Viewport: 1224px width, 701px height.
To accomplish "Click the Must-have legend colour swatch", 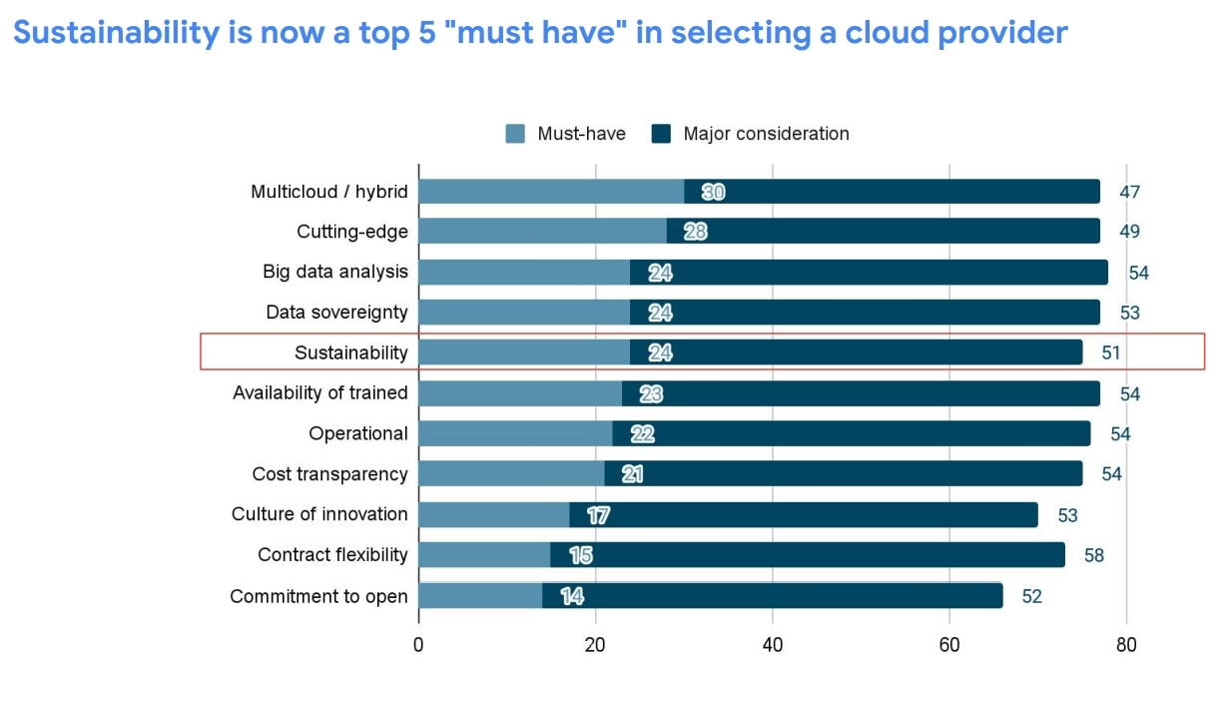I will [515, 134].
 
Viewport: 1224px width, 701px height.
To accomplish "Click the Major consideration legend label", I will [766, 134].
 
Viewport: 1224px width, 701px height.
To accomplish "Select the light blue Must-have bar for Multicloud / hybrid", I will [551, 192].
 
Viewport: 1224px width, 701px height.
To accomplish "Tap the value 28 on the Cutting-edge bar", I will [696, 232].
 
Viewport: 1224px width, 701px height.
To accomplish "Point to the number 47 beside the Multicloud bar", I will [1129, 192].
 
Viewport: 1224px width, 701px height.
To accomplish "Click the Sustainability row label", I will [350, 352].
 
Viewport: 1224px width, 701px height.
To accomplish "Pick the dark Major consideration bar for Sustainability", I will [856, 352].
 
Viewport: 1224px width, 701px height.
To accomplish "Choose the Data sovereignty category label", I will [336, 313].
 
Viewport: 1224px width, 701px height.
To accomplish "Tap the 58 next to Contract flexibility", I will [1094, 554].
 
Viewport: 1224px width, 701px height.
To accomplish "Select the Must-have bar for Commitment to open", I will [480, 596].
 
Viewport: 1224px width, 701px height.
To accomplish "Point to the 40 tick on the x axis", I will [773, 644].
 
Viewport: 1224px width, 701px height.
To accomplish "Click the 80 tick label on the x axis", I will [1126, 644].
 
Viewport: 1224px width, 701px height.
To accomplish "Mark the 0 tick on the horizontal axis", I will [418, 644].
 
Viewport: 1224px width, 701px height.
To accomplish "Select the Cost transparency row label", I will [329, 473].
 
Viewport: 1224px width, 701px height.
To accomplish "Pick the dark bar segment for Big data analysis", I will [869, 272].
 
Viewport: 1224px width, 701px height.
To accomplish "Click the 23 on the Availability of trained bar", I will [651, 393].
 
